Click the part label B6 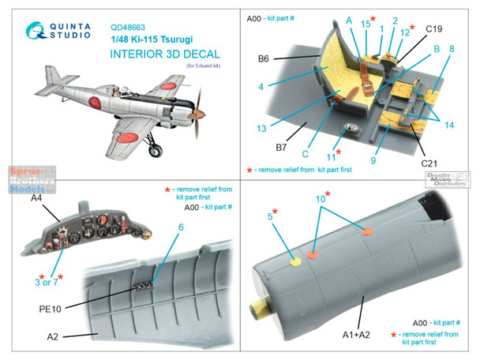click(x=284, y=58)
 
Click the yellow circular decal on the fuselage click(x=294, y=263)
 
